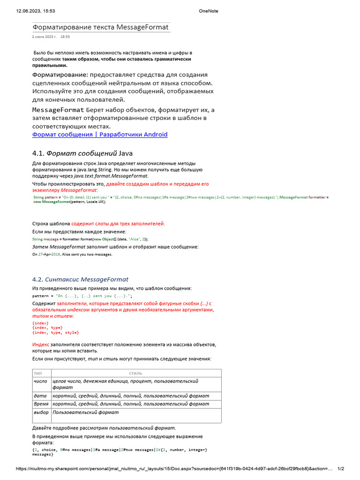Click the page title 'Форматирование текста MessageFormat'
pyautogui.click(x=100, y=27)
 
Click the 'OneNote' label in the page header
pyautogui.click(x=208, y=11)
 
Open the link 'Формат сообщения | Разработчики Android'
pyautogui.click(x=99, y=135)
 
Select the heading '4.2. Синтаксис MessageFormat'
pyautogui.click(x=80, y=279)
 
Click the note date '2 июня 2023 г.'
pyautogui.click(x=44, y=37)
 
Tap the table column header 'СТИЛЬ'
pyautogui.click(x=135, y=374)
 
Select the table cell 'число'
pyautogui.click(x=41, y=382)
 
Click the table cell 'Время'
pyautogui.click(x=41, y=404)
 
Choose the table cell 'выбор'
pyautogui.click(x=41, y=412)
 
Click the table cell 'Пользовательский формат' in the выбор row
pyautogui.click(x=86, y=412)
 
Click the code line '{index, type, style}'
pyautogui.click(x=55, y=332)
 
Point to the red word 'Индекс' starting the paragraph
pyautogui.click(x=41, y=344)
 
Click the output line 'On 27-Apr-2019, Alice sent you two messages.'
pyautogui.click(x=72, y=254)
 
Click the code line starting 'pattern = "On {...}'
pyautogui.click(x=82, y=296)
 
